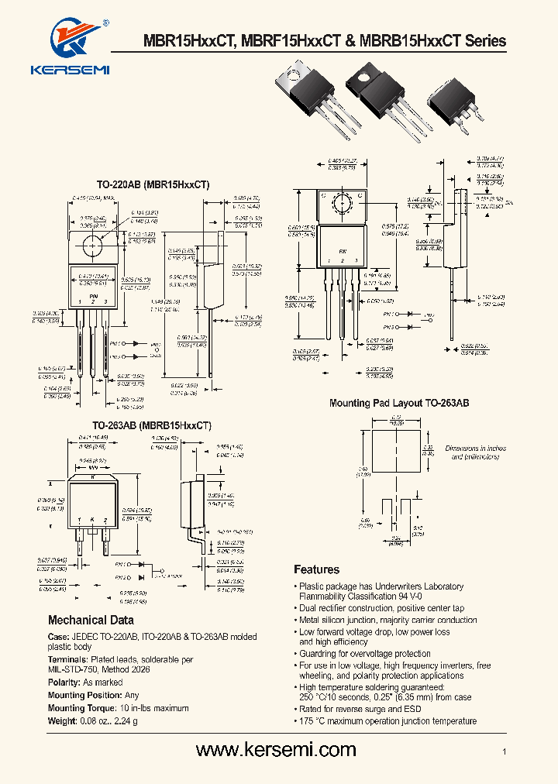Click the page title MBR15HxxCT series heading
(325, 41)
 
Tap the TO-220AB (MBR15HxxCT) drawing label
(153, 185)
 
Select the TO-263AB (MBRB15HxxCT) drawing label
(152, 425)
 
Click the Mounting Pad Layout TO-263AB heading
(399, 404)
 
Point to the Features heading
(316, 569)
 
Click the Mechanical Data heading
(91, 620)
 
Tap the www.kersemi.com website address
(276, 749)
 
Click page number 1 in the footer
(504, 751)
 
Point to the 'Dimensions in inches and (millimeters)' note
(475, 452)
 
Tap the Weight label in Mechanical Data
(62, 720)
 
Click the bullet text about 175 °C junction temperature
(387, 721)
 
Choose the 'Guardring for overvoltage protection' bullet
(365, 654)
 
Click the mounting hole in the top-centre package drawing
(341, 202)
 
